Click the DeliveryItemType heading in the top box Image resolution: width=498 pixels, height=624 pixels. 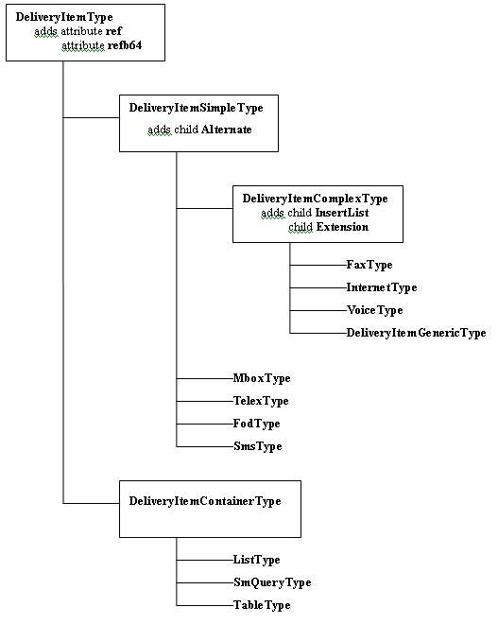64,17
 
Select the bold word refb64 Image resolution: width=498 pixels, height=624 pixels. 125,45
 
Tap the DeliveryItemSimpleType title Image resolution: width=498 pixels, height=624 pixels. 197,108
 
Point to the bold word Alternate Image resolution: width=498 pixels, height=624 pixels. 227,130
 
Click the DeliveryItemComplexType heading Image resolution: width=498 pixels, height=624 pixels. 315,199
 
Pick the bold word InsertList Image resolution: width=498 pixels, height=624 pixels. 342,213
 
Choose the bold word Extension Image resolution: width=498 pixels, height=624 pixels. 342,227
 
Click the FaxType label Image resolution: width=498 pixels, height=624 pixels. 369,265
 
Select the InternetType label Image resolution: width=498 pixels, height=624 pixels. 382,287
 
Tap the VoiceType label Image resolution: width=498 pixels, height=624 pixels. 375,310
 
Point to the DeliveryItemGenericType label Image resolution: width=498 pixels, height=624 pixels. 416,333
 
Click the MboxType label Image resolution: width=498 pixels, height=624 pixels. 262,378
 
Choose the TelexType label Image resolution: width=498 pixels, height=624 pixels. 261,401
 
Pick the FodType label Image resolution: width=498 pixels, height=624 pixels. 256,424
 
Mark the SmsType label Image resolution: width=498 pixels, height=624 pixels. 258,446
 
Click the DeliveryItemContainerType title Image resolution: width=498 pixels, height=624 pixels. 205,501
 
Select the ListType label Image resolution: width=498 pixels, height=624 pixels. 256,560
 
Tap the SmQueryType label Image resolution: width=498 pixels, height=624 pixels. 272,582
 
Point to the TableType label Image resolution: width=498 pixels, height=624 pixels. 262,605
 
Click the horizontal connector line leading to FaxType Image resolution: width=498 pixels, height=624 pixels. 318,265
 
